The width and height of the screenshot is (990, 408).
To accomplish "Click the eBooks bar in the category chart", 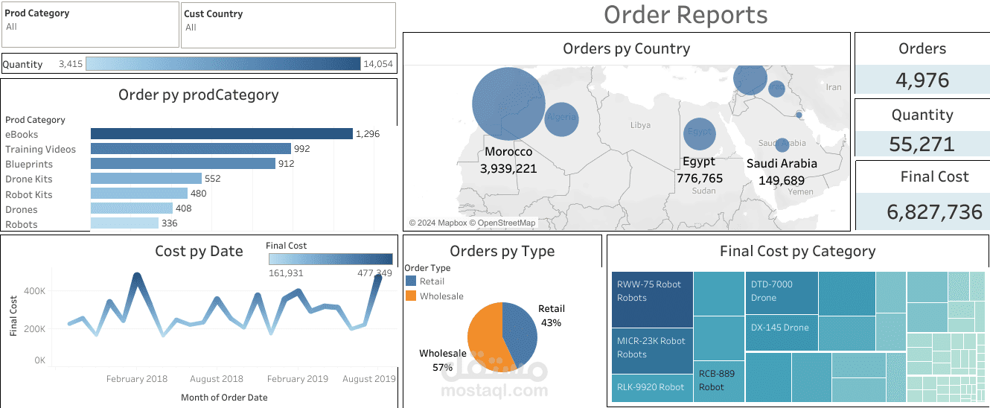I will coord(221,134).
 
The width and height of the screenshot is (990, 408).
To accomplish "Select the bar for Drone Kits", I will coord(146,179).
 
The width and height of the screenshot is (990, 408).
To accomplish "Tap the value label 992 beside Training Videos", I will coord(301,149).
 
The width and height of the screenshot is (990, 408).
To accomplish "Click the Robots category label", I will coord(21,224).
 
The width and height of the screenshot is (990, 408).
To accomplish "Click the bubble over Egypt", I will coord(700,134).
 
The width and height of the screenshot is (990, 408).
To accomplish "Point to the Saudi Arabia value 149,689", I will coord(782,180).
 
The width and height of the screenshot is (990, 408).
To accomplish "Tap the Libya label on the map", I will coord(640,125).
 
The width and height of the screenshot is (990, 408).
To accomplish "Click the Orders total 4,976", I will coord(922,80).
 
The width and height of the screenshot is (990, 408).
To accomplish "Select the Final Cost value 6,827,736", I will coord(934,211).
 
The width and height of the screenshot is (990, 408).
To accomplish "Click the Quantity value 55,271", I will coord(922,144).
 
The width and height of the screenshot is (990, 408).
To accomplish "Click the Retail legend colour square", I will coord(411,281).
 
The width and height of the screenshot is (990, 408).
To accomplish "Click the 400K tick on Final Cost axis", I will coord(35,290).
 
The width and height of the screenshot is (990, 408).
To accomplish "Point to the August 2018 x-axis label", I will coord(217,379).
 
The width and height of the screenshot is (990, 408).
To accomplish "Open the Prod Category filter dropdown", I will coord(90,27).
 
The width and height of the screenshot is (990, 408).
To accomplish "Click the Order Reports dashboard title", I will coord(685,15).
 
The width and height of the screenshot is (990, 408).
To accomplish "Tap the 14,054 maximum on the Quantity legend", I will coord(377,64).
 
